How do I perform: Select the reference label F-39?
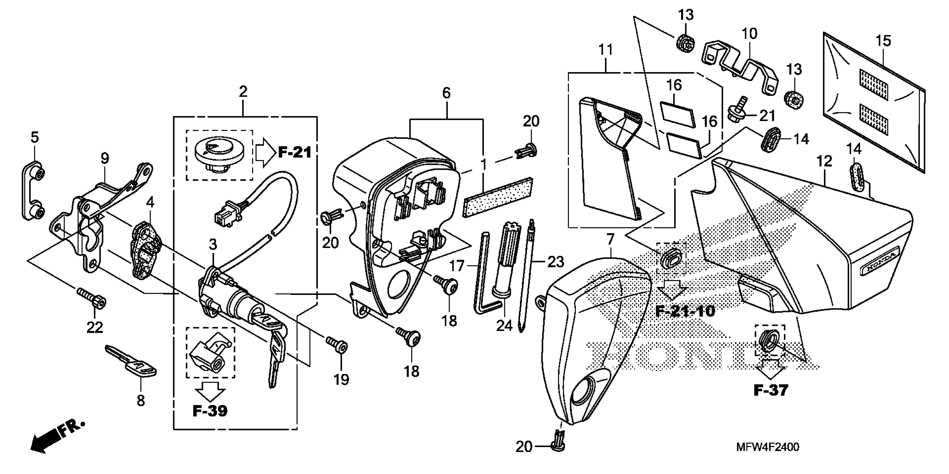(x=210, y=411)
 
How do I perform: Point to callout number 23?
(x=556, y=262)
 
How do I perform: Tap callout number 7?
(x=610, y=240)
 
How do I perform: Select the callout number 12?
(x=824, y=161)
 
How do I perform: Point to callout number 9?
(x=105, y=159)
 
